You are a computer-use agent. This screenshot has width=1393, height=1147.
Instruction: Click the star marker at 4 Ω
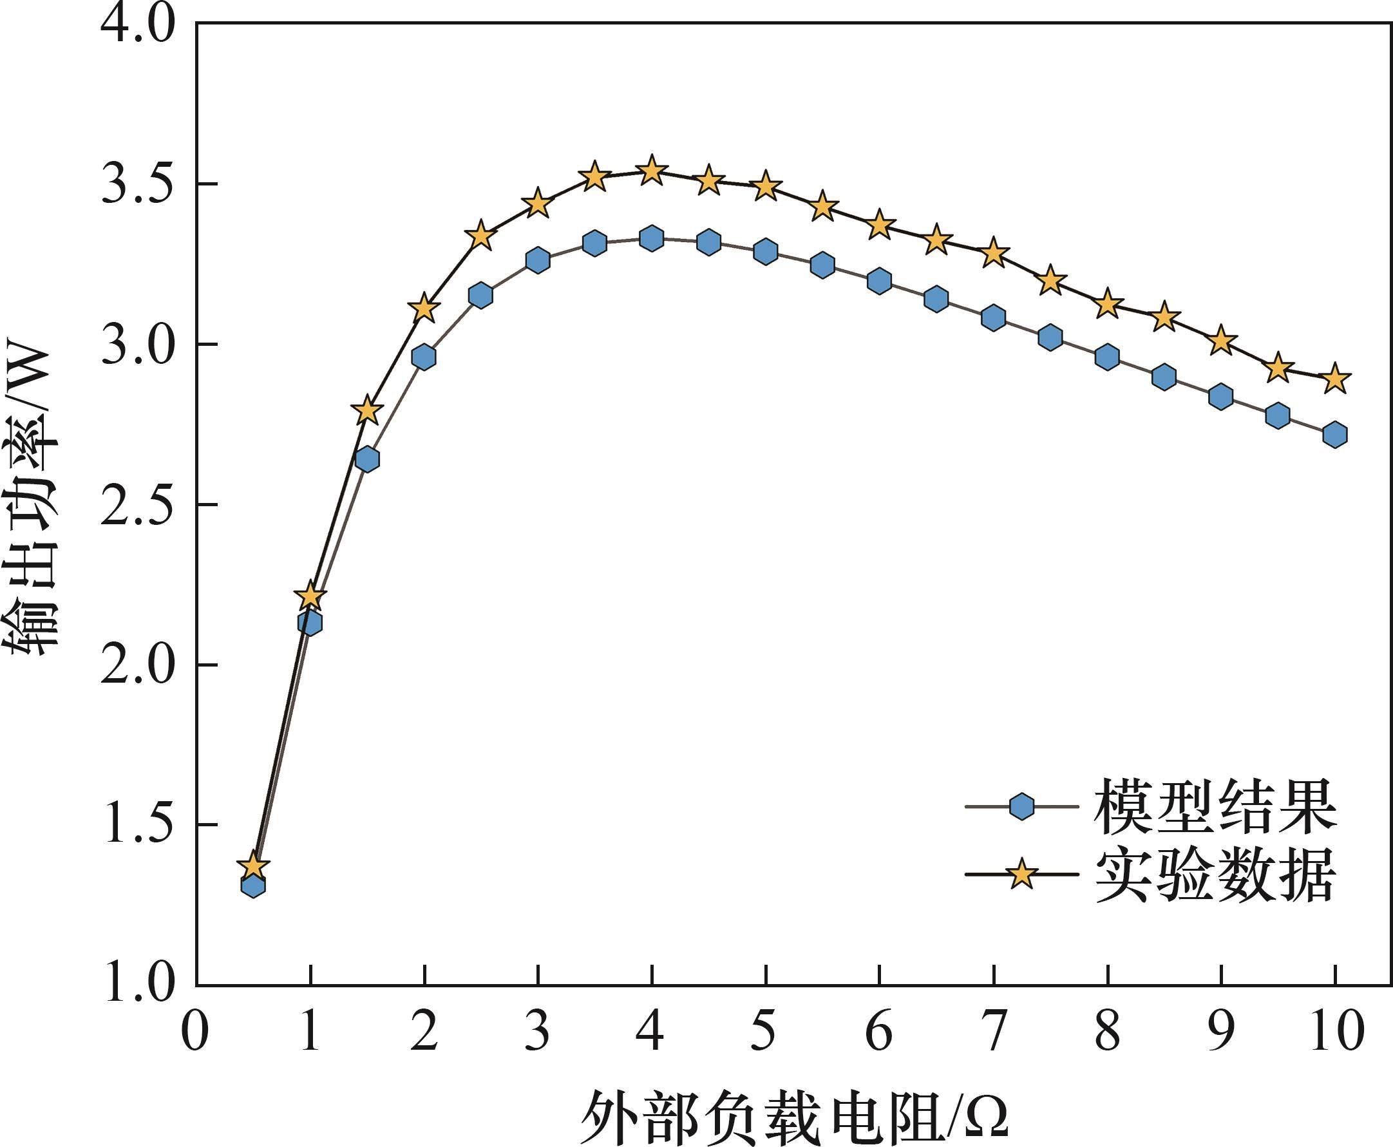tap(652, 172)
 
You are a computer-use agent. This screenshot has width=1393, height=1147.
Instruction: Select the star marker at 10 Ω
tap(1335, 379)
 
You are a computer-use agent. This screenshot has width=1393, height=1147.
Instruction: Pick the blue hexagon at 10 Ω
tap(1335, 435)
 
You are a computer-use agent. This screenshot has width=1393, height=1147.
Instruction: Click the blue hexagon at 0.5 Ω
tap(253, 885)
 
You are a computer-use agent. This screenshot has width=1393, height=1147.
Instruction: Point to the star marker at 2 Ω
tap(424, 308)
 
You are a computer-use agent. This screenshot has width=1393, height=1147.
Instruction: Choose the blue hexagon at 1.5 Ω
tap(366, 459)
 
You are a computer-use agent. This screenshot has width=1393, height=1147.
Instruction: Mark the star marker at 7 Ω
tap(993, 253)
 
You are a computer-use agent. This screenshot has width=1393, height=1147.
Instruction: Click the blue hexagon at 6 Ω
tap(879, 281)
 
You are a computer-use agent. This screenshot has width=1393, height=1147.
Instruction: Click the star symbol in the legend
tap(1021, 874)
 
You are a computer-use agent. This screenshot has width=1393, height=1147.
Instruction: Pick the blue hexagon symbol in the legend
tap(1021, 807)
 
